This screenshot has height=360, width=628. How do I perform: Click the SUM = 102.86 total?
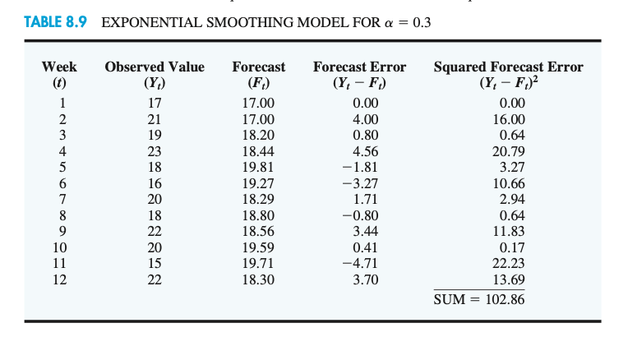tap(479, 298)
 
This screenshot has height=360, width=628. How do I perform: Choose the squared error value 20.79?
tap(509, 151)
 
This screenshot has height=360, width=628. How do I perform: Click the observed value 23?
tap(155, 151)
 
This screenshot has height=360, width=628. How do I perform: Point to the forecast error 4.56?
tap(365, 151)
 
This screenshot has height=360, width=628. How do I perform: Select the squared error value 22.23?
tap(509, 263)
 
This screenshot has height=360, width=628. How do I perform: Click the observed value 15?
tap(155, 263)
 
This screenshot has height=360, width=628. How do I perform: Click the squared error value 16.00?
tap(509, 119)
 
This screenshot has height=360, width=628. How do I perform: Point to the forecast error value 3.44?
tap(365, 231)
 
